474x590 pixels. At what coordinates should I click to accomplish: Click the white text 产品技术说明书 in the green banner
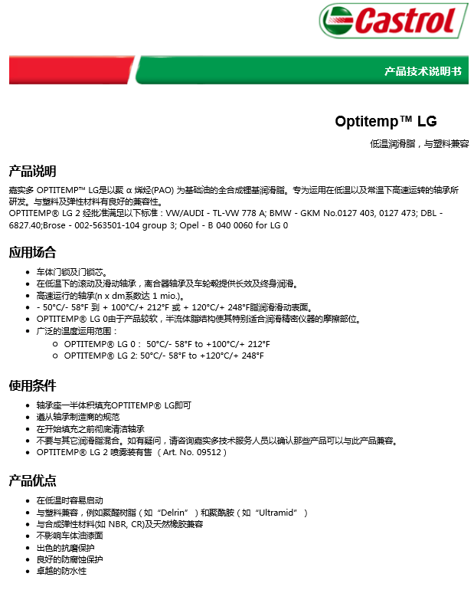pos(423,71)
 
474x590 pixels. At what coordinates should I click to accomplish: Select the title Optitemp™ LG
pos(385,121)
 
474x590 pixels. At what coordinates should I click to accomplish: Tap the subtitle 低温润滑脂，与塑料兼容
pos(419,144)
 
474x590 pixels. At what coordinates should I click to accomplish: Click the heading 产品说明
pos(32,171)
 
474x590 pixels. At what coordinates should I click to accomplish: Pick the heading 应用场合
pos(32,253)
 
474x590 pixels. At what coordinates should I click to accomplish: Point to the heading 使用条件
pos(32,385)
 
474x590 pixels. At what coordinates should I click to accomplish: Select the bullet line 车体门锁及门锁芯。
pos(72,272)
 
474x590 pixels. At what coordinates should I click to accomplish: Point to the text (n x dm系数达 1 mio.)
pos(139,296)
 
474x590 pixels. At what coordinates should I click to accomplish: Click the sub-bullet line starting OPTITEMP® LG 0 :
pos(166,344)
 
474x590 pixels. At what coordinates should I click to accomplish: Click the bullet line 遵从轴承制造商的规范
pos(78,417)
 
